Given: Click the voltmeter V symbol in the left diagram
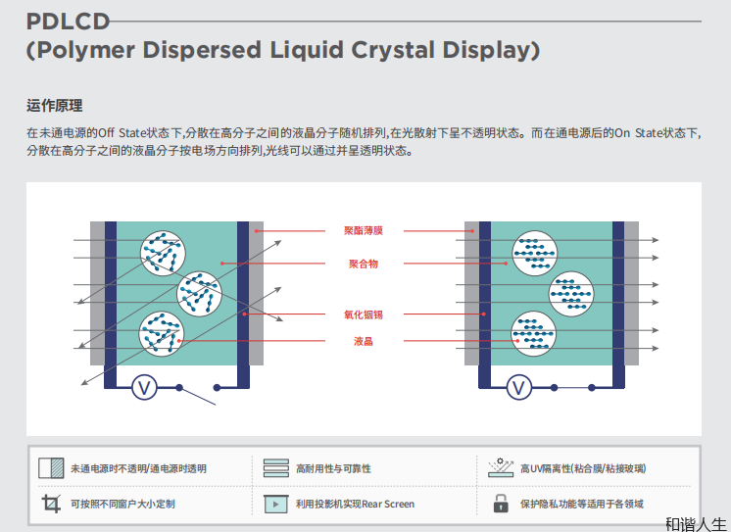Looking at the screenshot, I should [x=145, y=388].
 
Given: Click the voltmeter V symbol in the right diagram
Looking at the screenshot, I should [x=519, y=388].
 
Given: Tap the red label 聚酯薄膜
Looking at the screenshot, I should [x=364, y=231].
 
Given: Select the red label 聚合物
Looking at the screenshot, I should [x=364, y=264].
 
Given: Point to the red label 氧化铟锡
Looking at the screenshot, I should [x=364, y=314].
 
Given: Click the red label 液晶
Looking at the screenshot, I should [x=364, y=341].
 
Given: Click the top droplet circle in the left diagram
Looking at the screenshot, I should [x=164, y=252].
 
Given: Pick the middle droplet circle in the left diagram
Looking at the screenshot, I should [x=200, y=293].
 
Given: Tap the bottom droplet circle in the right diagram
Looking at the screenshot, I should [x=535, y=333].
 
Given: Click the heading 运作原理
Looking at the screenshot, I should [x=55, y=106].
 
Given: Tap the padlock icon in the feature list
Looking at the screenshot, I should [x=501, y=504].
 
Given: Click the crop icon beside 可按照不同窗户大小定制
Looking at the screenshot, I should [x=51, y=504].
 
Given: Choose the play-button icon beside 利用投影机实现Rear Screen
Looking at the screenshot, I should [x=276, y=504].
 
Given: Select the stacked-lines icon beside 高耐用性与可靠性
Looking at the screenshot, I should [x=276, y=468].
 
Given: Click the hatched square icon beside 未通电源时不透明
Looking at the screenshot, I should [x=51, y=468].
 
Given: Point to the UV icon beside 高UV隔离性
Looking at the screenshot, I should [x=501, y=467].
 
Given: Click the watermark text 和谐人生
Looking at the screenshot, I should [x=696, y=524].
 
